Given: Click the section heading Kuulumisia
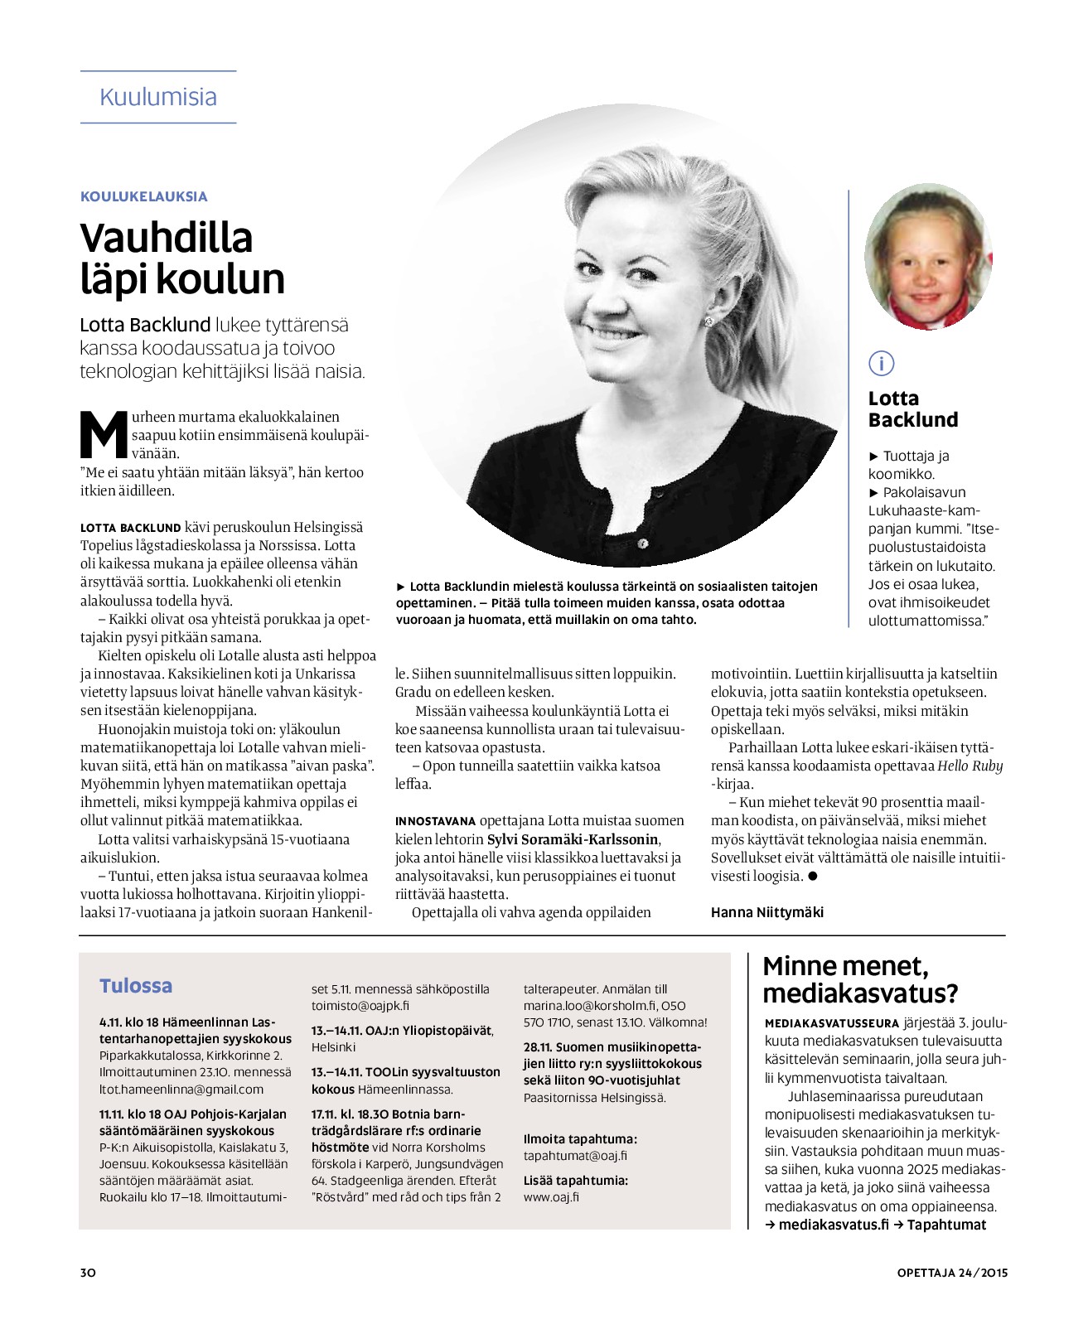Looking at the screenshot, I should tap(157, 97).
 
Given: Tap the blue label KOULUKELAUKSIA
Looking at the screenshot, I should tap(143, 196).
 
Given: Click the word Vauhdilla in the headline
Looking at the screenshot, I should tap(167, 238).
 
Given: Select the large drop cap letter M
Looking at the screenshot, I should tap(103, 433).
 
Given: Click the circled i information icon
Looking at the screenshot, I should tap(882, 363).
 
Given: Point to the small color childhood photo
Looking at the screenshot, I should tap(927, 258).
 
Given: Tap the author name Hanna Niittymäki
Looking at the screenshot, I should tap(767, 912).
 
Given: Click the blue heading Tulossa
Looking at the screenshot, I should tap(136, 986).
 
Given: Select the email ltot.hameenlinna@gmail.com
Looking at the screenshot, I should tap(181, 1090).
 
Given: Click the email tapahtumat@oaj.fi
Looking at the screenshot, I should tap(575, 1156).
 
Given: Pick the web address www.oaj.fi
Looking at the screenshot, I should tap(551, 1197).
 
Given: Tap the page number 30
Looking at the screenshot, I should tap(88, 1272).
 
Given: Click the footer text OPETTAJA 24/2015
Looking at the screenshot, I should tap(952, 1273).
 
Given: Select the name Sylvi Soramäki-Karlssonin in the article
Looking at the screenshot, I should tap(573, 839).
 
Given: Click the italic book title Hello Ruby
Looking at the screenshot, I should tap(970, 766).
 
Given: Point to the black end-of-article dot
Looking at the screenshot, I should tap(813, 876).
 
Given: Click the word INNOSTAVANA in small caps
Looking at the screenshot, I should tap(436, 821).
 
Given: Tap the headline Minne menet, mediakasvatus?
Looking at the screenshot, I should tap(859, 979).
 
